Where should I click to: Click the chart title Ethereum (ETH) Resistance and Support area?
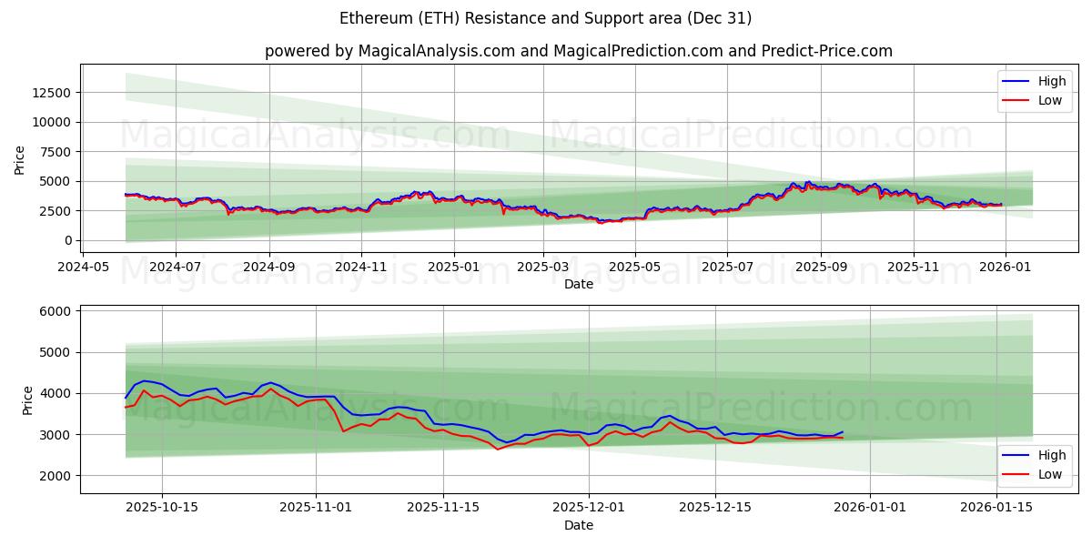pyautogui.click(x=545, y=18)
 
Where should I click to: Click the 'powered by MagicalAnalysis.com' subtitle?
pyautogui.click(x=578, y=51)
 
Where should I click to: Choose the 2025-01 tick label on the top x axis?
pyautogui.click(x=453, y=268)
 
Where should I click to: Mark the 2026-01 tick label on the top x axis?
pyautogui.click(x=1005, y=268)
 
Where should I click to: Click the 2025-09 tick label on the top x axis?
pyautogui.click(x=821, y=268)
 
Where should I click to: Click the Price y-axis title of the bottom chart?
pyautogui.click(x=27, y=399)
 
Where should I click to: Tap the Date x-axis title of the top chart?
pyautogui.click(x=578, y=284)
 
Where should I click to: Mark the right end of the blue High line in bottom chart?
pyautogui.click(x=843, y=432)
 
